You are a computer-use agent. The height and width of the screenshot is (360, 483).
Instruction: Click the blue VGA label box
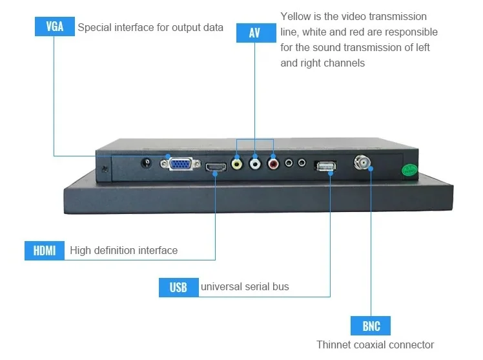pos(54,26)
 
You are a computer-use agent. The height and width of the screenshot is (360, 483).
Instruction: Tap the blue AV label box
pos(254,32)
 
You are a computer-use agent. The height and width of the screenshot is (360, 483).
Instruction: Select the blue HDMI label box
pos(45,250)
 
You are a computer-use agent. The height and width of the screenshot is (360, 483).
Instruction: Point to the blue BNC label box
pos(371,325)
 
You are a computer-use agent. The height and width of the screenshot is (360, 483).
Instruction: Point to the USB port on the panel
pos(325,167)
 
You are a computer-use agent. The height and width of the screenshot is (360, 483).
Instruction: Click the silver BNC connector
pos(362,163)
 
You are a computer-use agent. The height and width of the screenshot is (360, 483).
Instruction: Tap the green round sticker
pos(407,171)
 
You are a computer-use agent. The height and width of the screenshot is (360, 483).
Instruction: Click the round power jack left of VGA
pos(148,163)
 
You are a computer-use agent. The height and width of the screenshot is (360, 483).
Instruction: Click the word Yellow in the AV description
pos(296,16)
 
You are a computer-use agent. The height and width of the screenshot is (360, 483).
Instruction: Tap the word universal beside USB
pos(221,286)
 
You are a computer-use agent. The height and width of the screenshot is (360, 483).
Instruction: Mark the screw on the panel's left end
pos(104,169)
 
